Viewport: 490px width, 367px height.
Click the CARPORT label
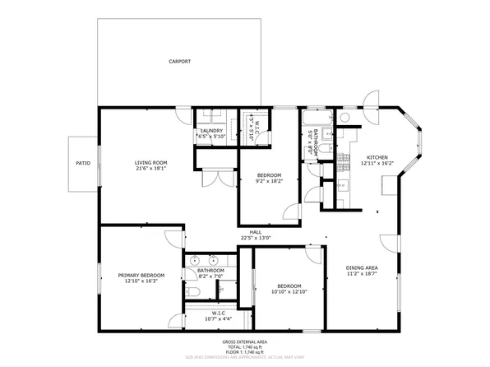(179, 62)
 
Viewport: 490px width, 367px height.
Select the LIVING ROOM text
(151, 163)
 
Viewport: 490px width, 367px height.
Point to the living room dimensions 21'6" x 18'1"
(151, 170)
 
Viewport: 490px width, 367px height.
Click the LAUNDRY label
(212, 131)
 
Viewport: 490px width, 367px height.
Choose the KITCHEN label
(377, 157)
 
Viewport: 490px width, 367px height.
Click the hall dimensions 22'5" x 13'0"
(256, 239)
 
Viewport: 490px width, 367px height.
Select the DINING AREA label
(362, 268)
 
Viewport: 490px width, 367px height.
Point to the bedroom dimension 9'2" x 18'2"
(269, 182)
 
